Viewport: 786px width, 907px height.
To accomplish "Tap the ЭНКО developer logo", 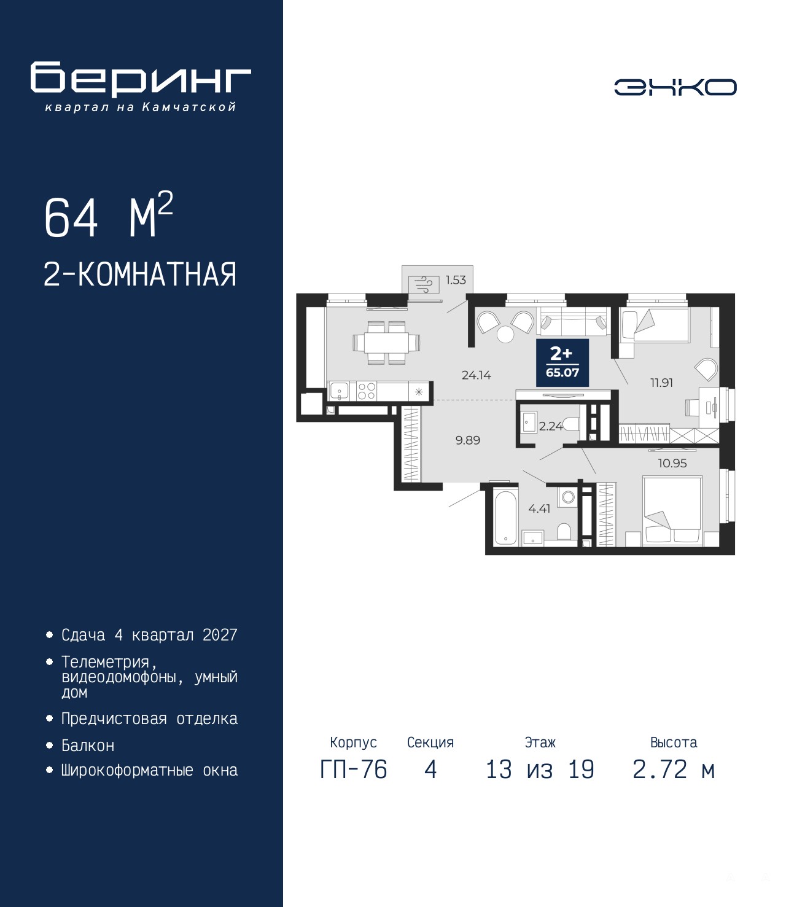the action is coord(675,87).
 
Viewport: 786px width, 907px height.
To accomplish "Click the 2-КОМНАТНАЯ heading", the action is coord(140,274).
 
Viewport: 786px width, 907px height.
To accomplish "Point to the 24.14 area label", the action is coord(476,375).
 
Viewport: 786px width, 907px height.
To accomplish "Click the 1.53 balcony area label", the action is coord(456,280).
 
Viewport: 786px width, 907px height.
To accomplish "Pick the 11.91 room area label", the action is coord(661,383).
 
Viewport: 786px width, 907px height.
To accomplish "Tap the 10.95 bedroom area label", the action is coord(672,463).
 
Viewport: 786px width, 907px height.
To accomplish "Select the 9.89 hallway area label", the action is coord(468,440).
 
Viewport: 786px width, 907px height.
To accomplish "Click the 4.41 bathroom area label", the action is coord(539,508).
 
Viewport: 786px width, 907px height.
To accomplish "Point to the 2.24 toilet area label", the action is coord(551,426).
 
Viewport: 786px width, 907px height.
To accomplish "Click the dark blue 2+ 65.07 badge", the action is coord(562,362).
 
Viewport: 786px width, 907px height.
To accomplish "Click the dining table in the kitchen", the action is coord(386,343).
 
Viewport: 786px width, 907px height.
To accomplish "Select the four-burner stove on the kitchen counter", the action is coord(366,391).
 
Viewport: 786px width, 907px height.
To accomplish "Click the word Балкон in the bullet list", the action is coord(88,745).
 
